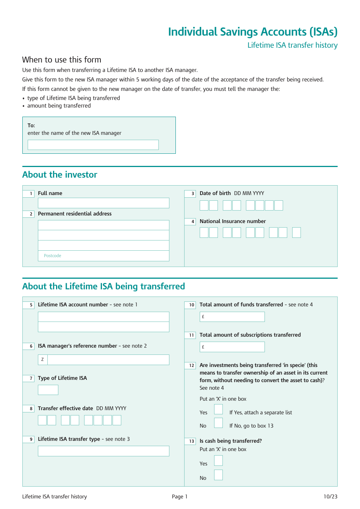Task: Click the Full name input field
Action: [x=103, y=203]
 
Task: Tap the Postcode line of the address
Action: [x=103, y=256]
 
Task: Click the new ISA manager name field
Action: [x=93, y=145]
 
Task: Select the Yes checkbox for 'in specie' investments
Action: [x=218, y=409]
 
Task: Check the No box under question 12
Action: [x=218, y=423]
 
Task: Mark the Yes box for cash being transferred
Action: [x=218, y=461]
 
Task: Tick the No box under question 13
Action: [x=218, y=475]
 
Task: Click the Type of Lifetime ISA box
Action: [x=48, y=390]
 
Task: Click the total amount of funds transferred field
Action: [x=232, y=317]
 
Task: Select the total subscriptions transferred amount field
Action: [x=232, y=347]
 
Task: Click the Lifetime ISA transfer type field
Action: [x=103, y=451]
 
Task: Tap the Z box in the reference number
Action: [x=42, y=360]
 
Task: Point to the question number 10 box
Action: [x=190, y=305]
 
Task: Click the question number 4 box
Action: [x=190, y=222]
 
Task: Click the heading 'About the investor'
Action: [x=60, y=175]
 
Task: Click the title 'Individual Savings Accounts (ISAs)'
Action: [x=252, y=32]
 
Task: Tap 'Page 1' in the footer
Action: [x=180, y=497]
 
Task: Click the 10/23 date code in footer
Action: [x=330, y=497]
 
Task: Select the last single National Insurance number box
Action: [x=296, y=233]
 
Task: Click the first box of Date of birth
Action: [x=204, y=206]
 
